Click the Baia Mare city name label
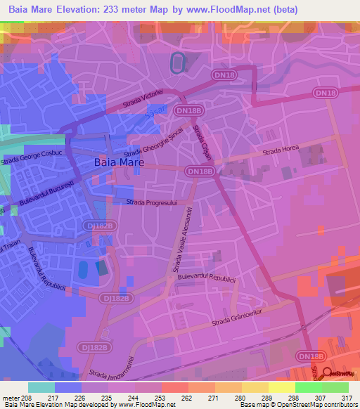pyautogui.click(x=119, y=162)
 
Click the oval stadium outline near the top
pyautogui.click(x=178, y=63)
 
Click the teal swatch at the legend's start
pyautogui.click(x=41, y=387)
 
